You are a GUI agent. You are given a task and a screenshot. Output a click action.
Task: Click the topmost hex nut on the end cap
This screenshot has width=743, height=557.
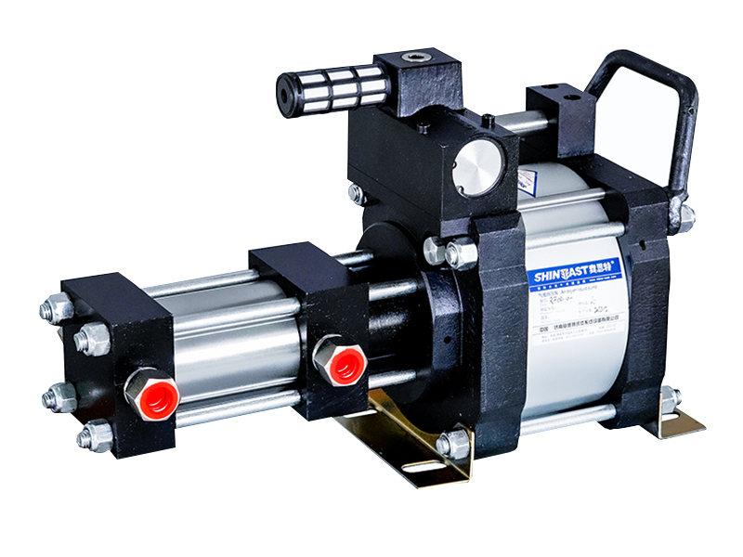click(x=57, y=307)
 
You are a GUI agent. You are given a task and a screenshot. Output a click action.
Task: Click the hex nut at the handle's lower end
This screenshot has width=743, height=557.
click(x=684, y=218)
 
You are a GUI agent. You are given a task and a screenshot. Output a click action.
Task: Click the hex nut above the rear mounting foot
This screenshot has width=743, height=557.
click(x=670, y=397)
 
